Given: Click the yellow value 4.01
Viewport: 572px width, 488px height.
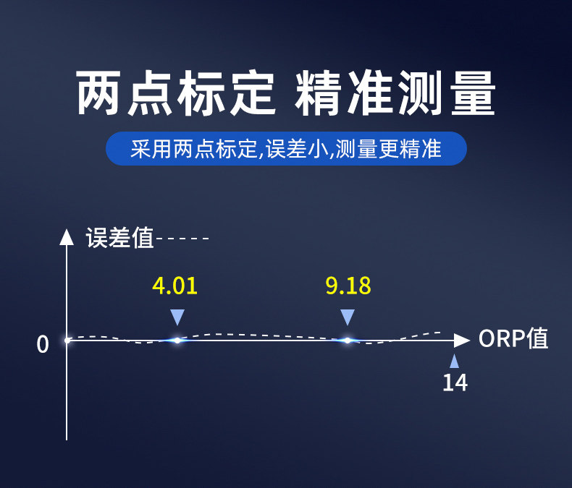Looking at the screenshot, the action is [174, 286].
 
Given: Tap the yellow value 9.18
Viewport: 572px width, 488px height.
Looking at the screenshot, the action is [348, 286].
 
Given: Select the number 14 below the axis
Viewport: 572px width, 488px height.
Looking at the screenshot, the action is [455, 382].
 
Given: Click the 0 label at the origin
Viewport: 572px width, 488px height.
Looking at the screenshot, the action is [42, 344].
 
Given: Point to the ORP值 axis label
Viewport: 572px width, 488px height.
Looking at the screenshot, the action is [513, 338].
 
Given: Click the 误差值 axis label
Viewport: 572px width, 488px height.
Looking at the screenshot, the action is [119, 238].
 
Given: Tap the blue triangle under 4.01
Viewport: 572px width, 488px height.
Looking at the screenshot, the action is [177, 317].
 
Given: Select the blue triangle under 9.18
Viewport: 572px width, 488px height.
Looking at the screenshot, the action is [348, 317].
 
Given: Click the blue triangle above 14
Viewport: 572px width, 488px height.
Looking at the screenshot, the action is [454, 361].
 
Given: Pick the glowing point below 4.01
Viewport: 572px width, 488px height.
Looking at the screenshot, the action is [177, 341].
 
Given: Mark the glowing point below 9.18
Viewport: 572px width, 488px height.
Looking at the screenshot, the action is [348, 341].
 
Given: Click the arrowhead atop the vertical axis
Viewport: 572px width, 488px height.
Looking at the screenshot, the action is [67, 236].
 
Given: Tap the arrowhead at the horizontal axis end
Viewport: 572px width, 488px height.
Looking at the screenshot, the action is [462, 341].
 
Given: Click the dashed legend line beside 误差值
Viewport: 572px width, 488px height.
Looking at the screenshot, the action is [182, 239].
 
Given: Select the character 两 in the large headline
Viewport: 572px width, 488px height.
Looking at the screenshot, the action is [98, 93].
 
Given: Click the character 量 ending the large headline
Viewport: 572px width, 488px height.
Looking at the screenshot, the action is [473, 93].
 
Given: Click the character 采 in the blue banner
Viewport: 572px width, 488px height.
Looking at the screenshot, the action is [140, 149].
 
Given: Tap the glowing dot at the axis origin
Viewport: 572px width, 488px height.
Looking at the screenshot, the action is [67, 341].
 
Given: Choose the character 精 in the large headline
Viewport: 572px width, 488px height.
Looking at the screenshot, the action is [318, 93].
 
